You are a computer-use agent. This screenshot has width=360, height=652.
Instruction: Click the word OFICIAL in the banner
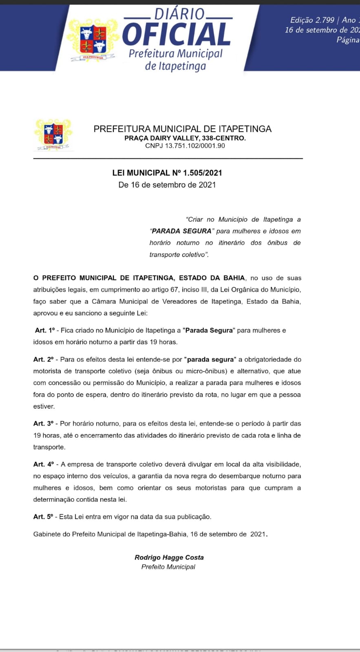tap(177, 35)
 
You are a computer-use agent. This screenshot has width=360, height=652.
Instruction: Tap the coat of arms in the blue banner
tap(93, 40)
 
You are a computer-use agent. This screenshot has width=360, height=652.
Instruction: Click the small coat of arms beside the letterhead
tap(53, 134)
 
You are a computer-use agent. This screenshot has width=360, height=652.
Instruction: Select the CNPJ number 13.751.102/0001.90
tap(195, 145)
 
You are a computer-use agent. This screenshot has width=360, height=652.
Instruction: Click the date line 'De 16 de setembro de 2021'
tap(167, 185)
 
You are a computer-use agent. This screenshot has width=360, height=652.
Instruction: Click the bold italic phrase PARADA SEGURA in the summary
tap(181, 231)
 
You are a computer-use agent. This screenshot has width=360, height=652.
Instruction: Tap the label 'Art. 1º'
tap(45, 330)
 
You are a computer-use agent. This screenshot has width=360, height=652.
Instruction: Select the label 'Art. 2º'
tap(44, 359)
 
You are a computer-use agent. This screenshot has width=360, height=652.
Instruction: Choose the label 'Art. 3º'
tap(44, 423)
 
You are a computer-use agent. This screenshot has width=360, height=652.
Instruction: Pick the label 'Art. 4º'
tap(44, 464)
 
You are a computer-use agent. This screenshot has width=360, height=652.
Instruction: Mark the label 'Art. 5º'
tap(43, 517)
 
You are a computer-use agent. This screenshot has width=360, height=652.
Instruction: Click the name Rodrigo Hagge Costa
tap(169, 557)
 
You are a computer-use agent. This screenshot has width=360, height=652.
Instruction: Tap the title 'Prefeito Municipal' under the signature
tap(168, 567)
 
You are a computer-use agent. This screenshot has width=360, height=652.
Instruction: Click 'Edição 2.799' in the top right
tap(312, 20)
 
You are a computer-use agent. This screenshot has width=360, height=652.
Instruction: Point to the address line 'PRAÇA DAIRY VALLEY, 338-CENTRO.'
tap(185, 138)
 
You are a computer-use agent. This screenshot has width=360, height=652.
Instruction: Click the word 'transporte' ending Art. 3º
tap(49, 447)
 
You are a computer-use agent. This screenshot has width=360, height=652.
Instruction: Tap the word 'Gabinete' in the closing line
tap(47, 534)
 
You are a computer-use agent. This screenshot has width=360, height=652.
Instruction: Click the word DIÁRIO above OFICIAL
tap(179, 14)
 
